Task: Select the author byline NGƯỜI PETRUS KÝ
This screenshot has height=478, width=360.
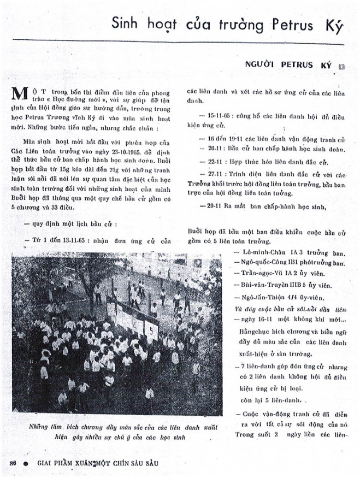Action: click(290, 65)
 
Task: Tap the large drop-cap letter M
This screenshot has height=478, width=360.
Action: click(19, 94)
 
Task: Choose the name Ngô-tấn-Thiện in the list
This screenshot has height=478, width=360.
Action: click(262, 297)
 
